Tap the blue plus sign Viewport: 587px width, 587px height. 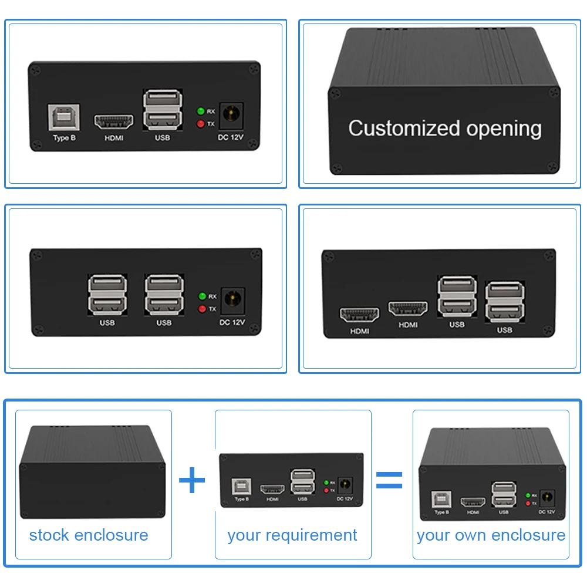point(192,481)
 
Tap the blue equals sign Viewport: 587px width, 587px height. point(389,480)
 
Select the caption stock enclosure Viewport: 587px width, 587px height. point(89,535)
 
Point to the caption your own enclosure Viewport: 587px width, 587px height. point(491,535)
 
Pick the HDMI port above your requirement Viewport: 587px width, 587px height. point(272,488)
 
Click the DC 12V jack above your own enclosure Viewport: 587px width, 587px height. point(547,498)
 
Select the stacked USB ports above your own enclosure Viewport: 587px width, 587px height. point(503,494)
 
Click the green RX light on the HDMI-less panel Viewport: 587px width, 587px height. point(202,296)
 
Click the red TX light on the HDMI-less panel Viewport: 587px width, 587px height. point(202,309)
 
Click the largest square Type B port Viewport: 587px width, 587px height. point(63,118)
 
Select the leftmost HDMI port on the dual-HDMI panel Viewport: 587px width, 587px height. point(359,314)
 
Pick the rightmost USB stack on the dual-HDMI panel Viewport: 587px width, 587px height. point(504,302)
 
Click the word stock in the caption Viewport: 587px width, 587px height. point(48,535)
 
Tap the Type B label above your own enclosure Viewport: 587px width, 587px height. point(441,512)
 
